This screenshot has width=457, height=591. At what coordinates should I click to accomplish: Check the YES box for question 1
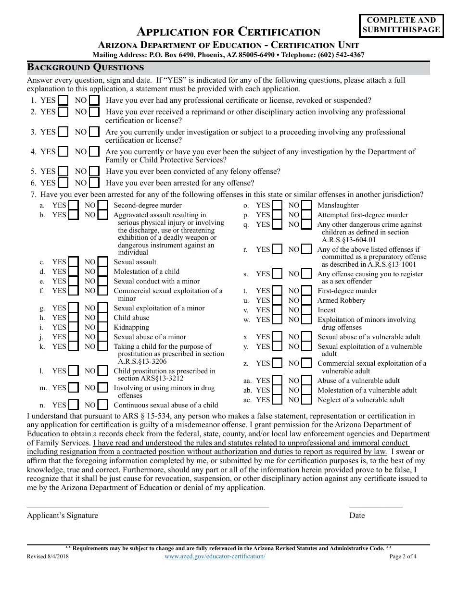pos(63,100)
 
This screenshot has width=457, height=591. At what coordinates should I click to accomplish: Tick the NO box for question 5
pos(94,172)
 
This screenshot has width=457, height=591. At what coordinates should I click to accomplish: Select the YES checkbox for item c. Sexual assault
pos(73,262)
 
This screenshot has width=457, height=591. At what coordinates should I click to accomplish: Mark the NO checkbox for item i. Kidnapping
pos(102,327)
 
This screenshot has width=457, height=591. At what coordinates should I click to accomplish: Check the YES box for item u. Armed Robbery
pos(277,300)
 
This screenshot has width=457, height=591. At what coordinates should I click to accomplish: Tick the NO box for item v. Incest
pos(306,310)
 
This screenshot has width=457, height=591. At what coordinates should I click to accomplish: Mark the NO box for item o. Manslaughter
pos(306,205)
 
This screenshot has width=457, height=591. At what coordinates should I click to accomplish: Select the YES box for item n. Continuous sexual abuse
pos(73,405)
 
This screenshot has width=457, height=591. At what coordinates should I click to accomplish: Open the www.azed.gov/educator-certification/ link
pos(215,556)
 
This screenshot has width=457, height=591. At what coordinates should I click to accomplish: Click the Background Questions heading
pos(85,67)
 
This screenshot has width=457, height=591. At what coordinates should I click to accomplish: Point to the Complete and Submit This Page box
pos(401,25)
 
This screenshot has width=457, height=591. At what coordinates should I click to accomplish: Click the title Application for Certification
pos(228,32)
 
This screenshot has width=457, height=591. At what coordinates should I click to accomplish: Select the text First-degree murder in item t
pos(347,291)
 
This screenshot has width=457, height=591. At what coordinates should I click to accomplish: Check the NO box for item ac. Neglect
pos(306,400)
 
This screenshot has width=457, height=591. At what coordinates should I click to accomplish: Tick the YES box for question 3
pos(63,132)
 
